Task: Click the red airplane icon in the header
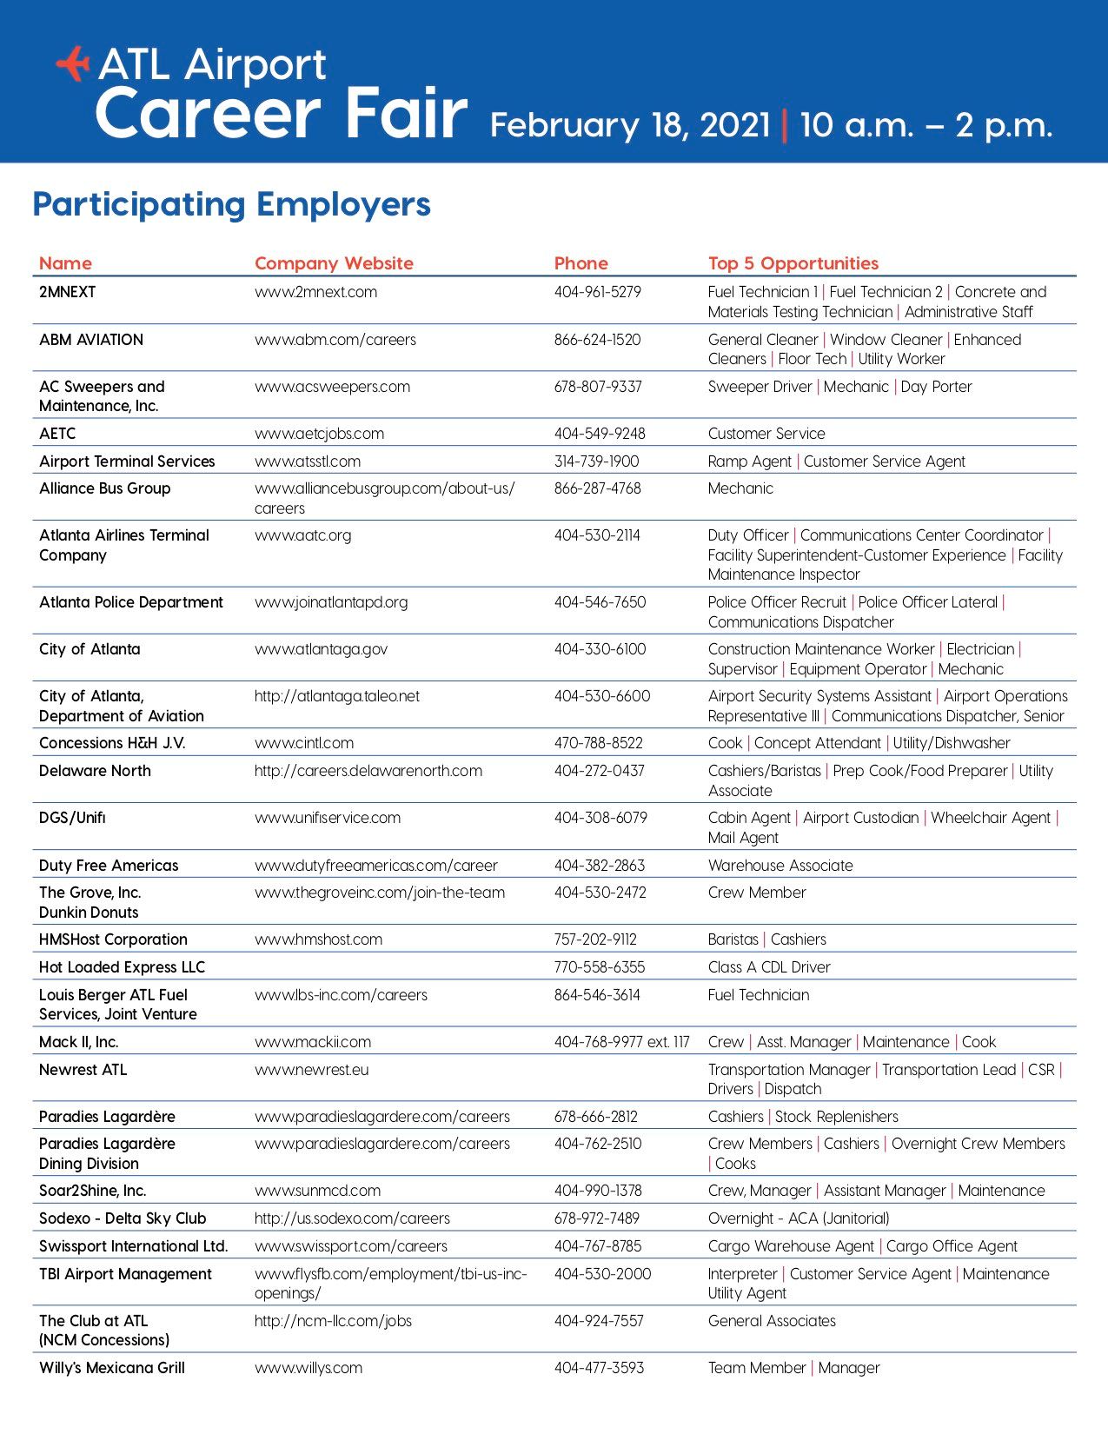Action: [x=72, y=63]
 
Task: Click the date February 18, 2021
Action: [x=630, y=125]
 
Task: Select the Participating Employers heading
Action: [x=231, y=204]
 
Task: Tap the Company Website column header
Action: [x=334, y=263]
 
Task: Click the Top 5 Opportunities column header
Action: [x=793, y=263]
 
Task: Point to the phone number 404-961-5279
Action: [x=597, y=292]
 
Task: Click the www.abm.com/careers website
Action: [x=335, y=340]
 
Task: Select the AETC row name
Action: [x=57, y=434]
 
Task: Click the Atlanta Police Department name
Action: [x=131, y=602]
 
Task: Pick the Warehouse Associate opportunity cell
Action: [x=780, y=866]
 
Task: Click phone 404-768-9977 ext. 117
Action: [x=621, y=1042]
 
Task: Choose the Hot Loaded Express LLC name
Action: [x=122, y=967]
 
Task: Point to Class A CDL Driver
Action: [x=769, y=967]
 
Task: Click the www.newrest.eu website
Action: [x=311, y=1070]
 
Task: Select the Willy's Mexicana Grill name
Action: [x=112, y=1368]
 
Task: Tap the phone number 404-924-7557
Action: [x=599, y=1321]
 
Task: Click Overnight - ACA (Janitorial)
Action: [x=799, y=1218]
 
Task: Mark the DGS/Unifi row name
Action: [x=73, y=818]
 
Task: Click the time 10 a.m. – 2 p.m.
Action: [x=926, y=125]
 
